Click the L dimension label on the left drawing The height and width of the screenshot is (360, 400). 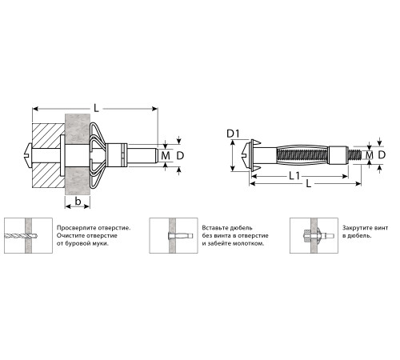click(96, 108)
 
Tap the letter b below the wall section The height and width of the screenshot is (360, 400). click(78, 202)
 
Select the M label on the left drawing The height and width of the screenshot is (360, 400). click(166, 155)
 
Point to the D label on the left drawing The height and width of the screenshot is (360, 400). click(180, 155)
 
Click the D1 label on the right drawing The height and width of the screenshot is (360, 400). click(234, 134)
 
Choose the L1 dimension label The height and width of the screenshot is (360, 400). click(294, 176)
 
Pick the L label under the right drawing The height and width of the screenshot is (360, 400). click(309, 184)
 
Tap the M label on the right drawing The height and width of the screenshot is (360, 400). click(370, 154)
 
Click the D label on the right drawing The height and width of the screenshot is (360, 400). click(382, 154)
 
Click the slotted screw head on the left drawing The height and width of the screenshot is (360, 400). click(28, 155)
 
